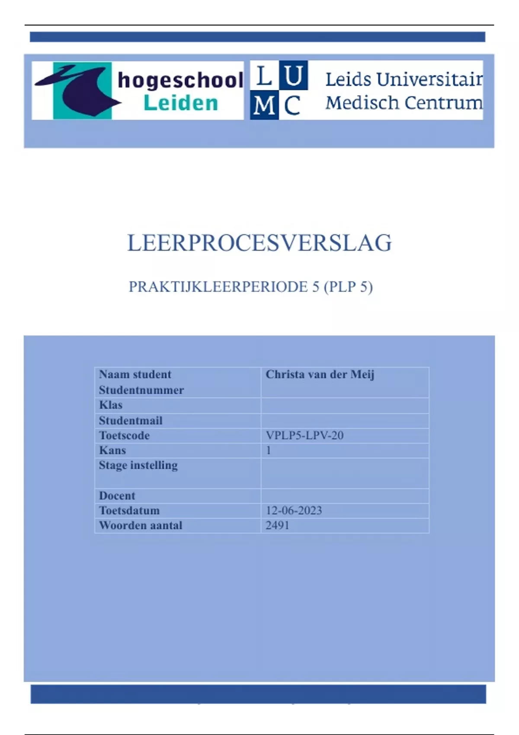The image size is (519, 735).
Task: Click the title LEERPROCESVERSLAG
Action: pyautogui.click(x=259, y=243)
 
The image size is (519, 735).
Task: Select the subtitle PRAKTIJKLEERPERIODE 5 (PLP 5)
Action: pyautogui.click(x=250, y=287)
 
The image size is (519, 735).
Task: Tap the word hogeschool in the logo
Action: pyautogui.click(x=180, y=80)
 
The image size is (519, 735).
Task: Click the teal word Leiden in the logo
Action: pyautogui.click(x=181, y=103)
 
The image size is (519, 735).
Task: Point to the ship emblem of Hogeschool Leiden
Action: pyautogui.click(x=80, y=90)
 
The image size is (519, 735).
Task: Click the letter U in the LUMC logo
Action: pyautogui.click(x=294, y=75)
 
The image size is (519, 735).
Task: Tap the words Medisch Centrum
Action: pyautogui.click(x=404, y=103)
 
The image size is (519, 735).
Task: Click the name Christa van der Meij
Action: pyautogui.click(x=320, y=374)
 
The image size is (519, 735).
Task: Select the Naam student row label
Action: pyautogui.click(x=135, y=374)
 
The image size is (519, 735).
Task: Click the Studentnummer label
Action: pyautogui.click(x=141, y=390)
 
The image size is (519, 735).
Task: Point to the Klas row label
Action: pyautogui.click(x=111, y=405)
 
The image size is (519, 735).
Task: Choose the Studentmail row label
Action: pyautogui.click(x=131, y=420)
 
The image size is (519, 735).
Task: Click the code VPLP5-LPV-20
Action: pyautogui.click(x=304, y=435)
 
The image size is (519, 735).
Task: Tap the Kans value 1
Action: pyautogui.click(x=269, y=450)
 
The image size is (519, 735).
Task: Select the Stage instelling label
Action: pyautogui.click(x=138, y=465)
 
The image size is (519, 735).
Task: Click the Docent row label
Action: pyautogui.click(x=117, y=495)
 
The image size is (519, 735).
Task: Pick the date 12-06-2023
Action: pyautogui.click(x=294, y=511)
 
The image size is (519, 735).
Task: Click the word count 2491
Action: pyautogui.click(x=277, y=525)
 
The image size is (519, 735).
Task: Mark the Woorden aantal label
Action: pyautogui.click(x=141, y=525)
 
